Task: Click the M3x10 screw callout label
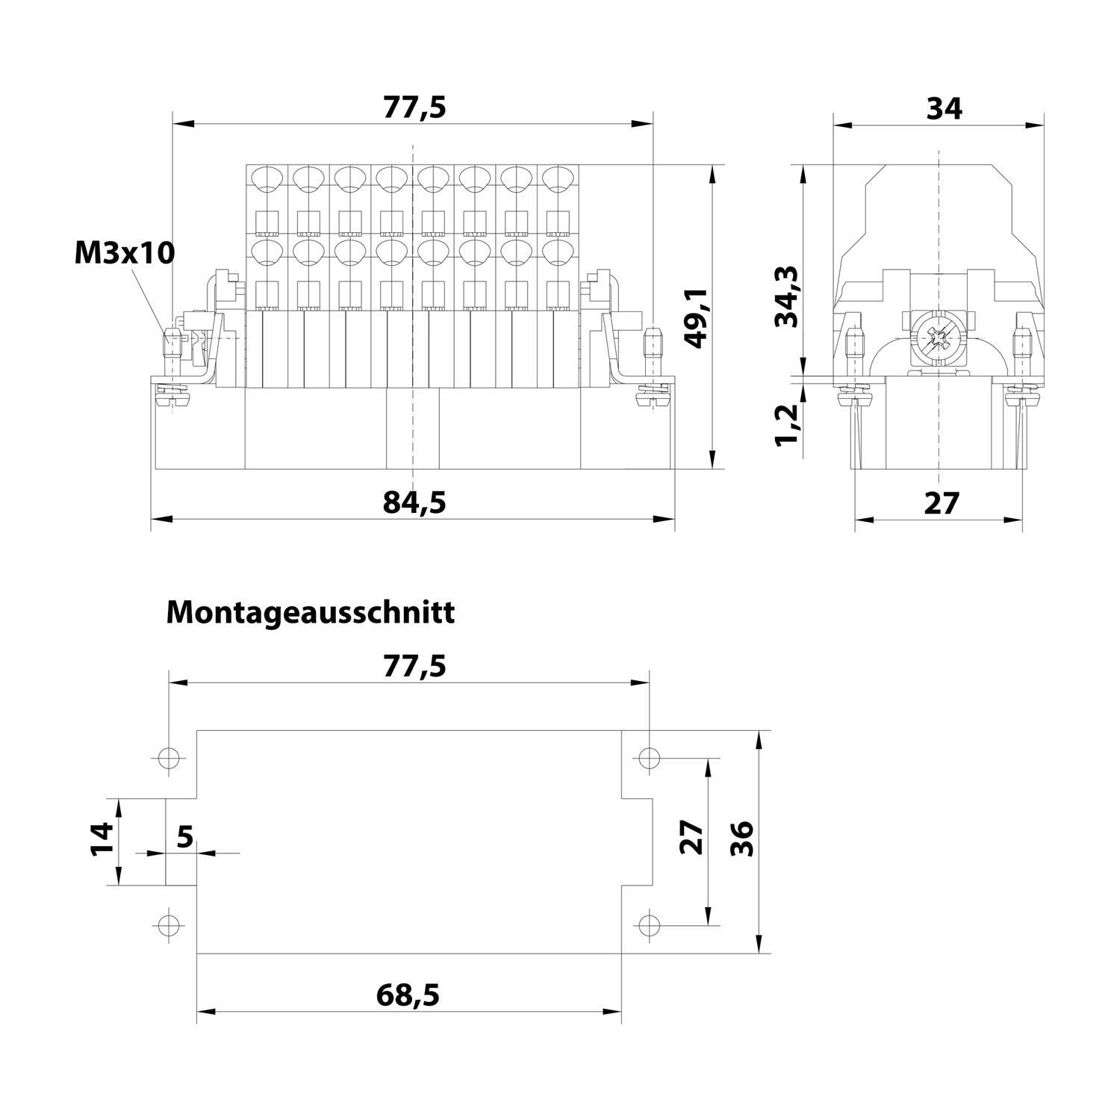point(124,253)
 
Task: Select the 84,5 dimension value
point(414,503)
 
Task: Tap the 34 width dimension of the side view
point(944,108)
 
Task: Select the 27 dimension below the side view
point(941,503)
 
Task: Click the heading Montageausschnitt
point(310,612)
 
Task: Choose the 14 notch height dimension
point(102,839)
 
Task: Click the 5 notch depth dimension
point(184,836)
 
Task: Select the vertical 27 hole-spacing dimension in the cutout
point(691,838)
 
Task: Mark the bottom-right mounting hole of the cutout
point(650,925)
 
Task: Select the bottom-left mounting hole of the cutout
point(170,925)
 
